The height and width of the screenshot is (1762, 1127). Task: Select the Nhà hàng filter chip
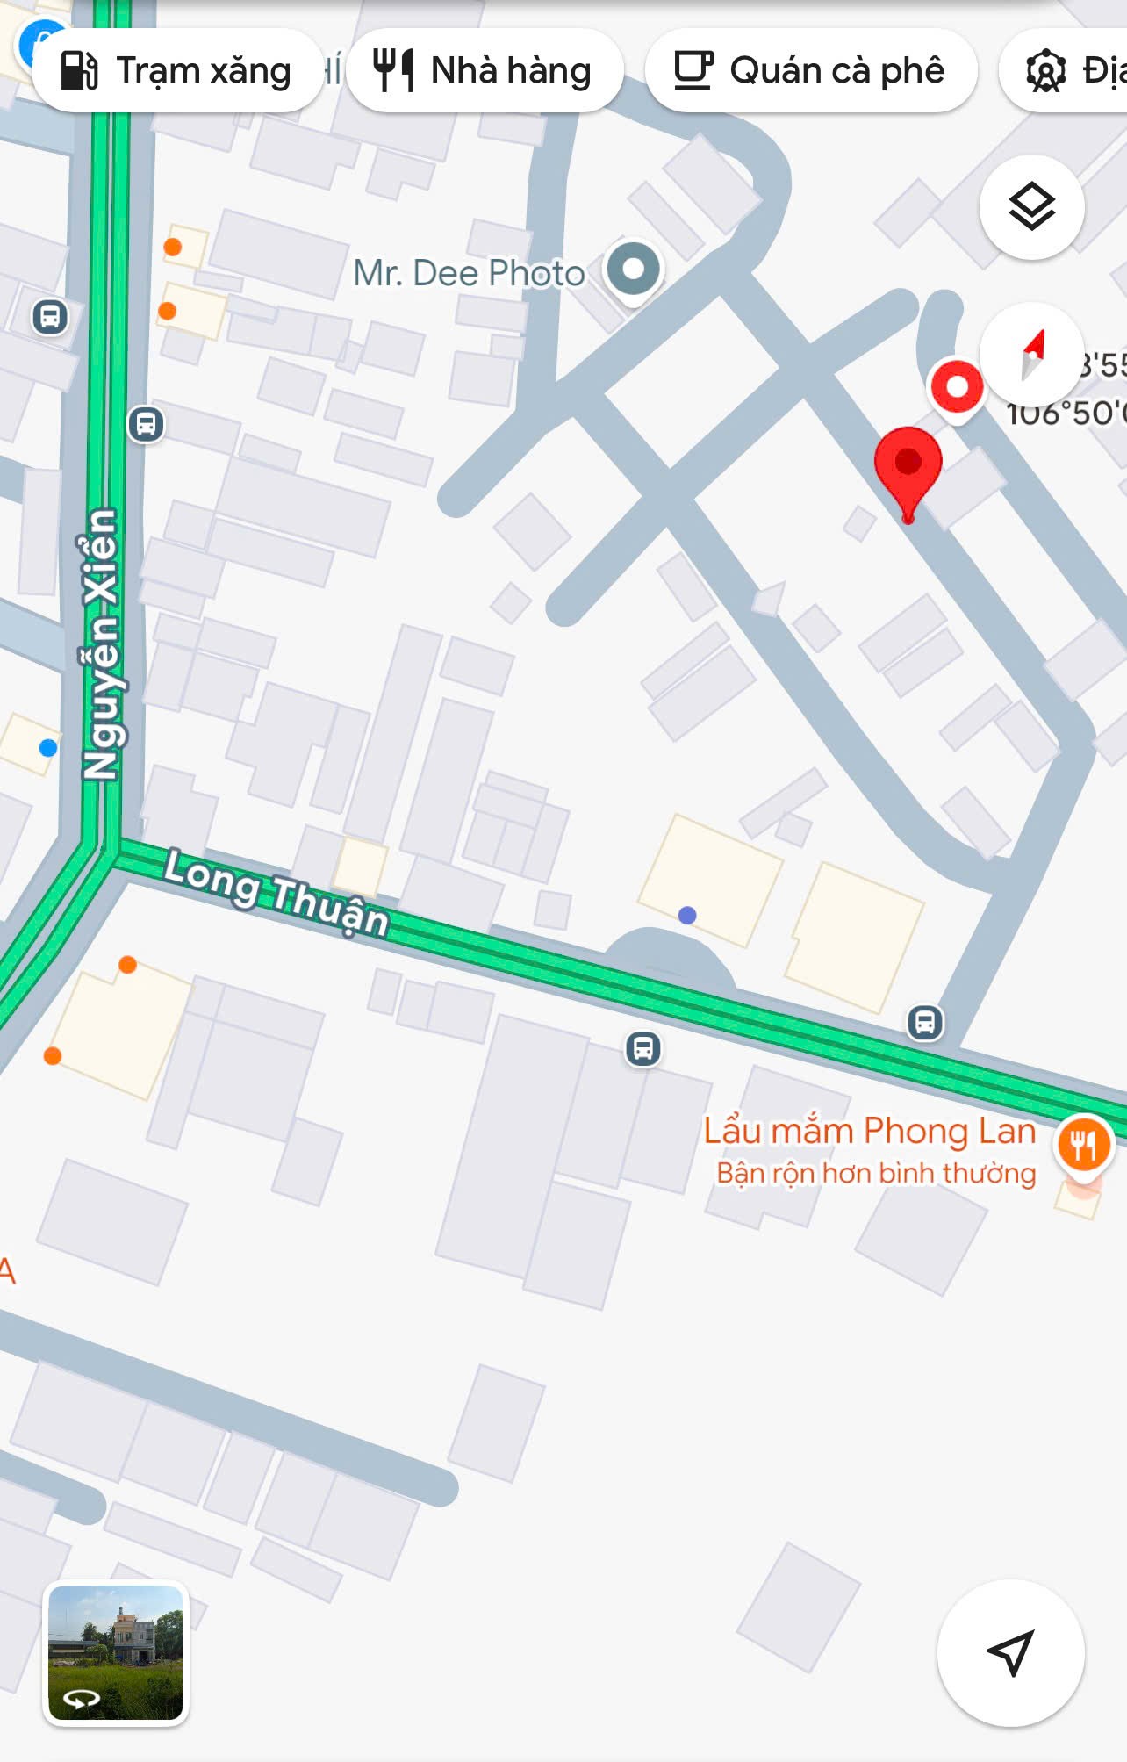tap(485, 70)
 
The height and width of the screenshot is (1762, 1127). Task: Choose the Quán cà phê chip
tap(810, 70)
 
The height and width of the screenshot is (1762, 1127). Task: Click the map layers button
tap(1031, 207)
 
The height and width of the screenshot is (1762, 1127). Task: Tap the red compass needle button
tap(1032, 355)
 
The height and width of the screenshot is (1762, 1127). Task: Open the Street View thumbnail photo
tap(116, 1652)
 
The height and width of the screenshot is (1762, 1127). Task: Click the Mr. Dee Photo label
tap(469, 273)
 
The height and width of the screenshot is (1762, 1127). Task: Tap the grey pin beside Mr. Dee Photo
tap(633, 269)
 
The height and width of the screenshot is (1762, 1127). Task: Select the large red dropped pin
tap(908, 465)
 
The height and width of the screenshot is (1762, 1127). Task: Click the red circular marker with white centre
tap(957, 386)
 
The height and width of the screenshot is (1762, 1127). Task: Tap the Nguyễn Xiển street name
tap(101, 644)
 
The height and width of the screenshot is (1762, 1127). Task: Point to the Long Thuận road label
tap(276, 891)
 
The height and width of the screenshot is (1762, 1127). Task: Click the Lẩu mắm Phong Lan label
tap(869, 1131)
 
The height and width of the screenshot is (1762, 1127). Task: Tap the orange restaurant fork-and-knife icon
tap(1085, 1144)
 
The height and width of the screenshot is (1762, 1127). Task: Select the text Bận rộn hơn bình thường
tap(876, 1173)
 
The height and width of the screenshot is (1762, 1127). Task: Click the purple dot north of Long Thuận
tap(687, 915)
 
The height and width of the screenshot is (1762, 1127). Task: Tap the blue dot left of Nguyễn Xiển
tap(48, 747)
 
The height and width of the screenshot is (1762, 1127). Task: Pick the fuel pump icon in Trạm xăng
tap(79, 70)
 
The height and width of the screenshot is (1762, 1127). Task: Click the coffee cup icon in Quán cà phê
tap(693, 70)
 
